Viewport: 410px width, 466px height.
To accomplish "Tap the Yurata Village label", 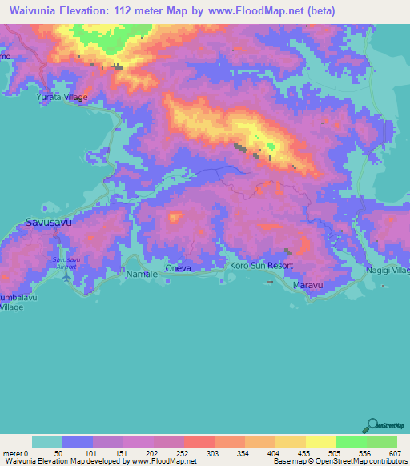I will coord(62,98).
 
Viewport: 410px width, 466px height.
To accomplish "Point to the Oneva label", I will coord(178,268).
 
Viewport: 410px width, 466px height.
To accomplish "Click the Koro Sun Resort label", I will coord(261,265).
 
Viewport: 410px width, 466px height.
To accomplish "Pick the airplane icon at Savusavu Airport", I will coord(66,277).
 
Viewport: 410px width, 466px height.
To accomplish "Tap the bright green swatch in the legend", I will coord(351,441).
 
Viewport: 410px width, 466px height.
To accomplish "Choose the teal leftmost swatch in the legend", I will coord(47,441).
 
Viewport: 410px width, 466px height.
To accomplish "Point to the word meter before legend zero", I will coord(14,452).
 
